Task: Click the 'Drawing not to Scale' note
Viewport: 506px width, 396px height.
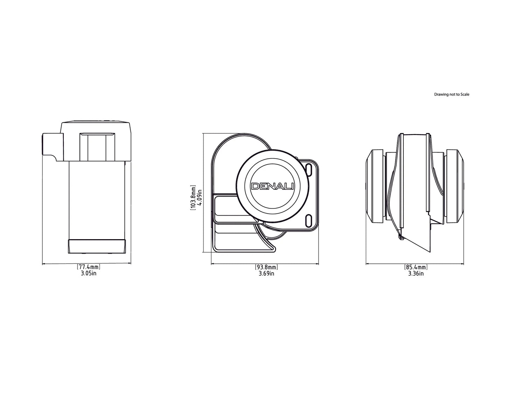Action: point(451,94)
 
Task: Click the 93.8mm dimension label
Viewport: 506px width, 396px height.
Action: point(266,267)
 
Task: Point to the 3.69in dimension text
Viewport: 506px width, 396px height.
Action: point(266,274)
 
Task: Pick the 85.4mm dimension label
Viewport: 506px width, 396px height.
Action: point(416,267)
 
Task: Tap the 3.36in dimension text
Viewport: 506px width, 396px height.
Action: point(416,274)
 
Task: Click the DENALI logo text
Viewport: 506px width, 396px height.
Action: point(272,187)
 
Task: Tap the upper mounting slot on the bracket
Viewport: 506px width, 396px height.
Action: point(309,169)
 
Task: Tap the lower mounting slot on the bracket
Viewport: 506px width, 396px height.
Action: point(309,221)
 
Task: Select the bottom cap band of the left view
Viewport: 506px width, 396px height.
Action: point(97,246)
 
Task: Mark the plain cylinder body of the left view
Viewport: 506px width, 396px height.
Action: point(97,200)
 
